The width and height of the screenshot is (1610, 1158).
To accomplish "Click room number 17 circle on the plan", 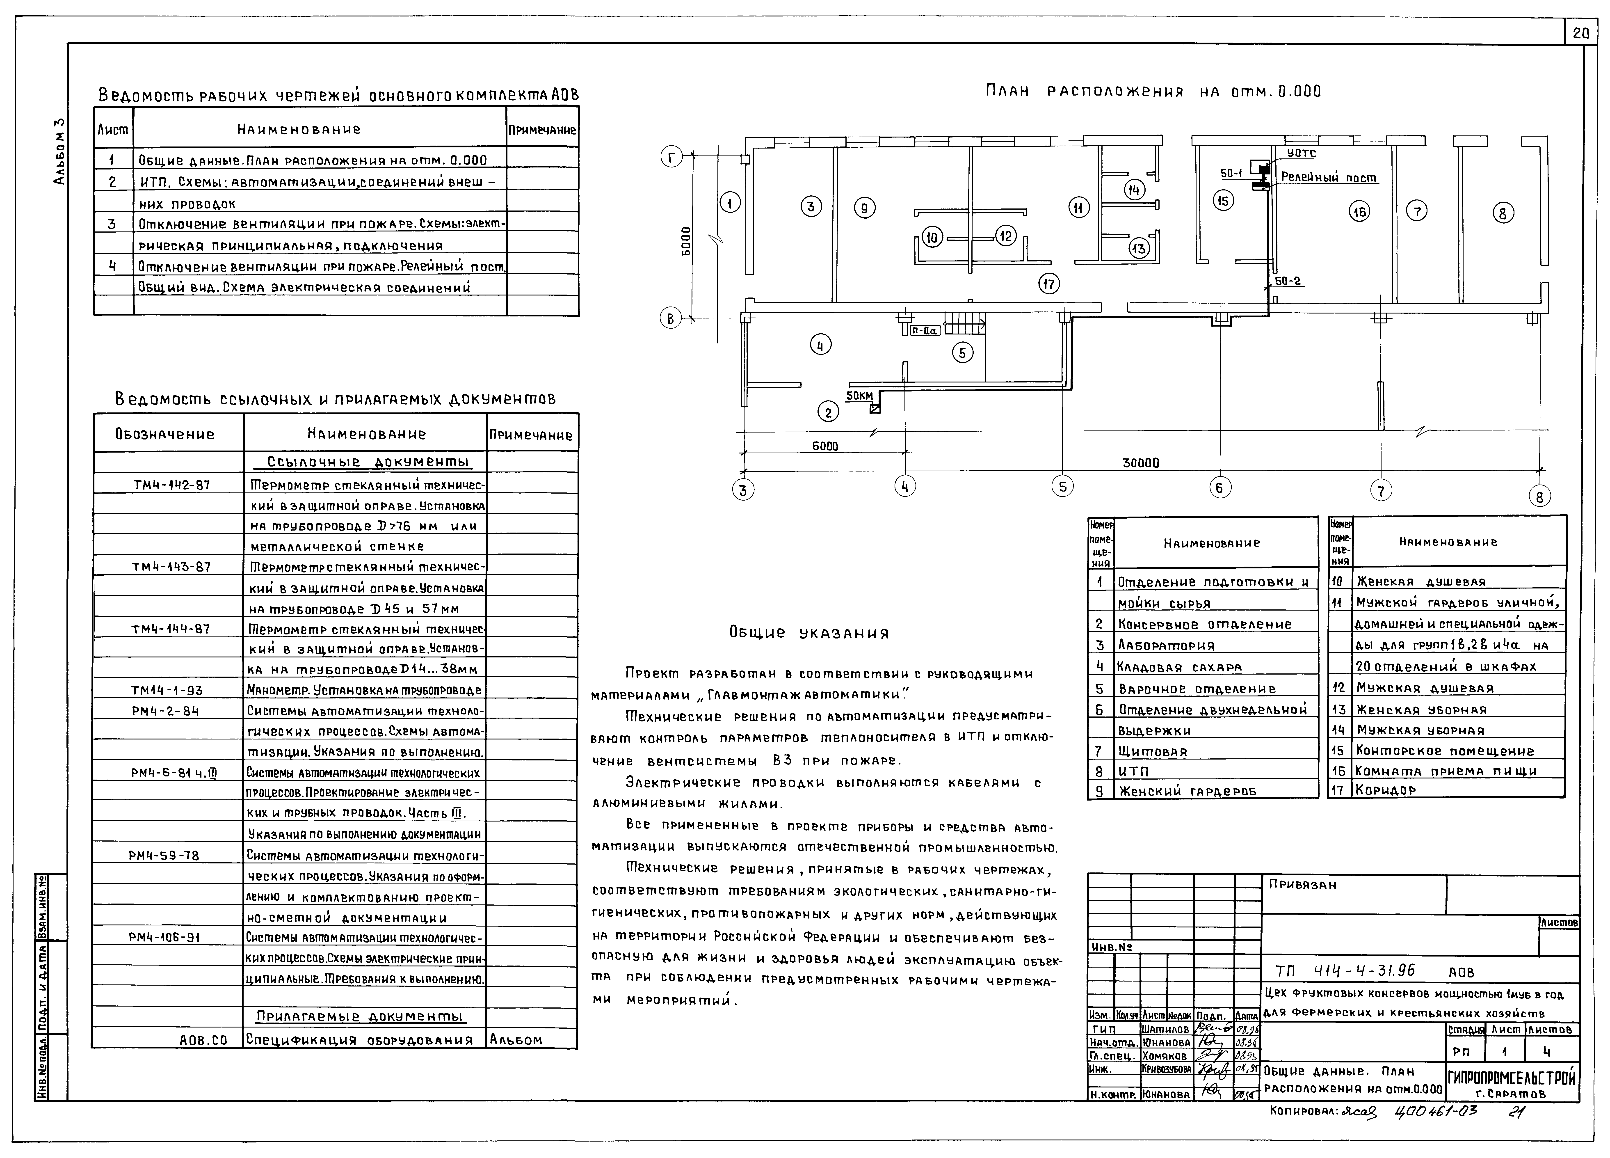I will [x=1048, y=284].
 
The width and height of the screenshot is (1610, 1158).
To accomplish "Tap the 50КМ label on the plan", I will [x=859, y=396].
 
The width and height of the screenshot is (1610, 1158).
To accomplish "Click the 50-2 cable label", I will [x=1288, y=281].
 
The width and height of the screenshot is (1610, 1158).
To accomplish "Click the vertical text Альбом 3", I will [x=60, y=151].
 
